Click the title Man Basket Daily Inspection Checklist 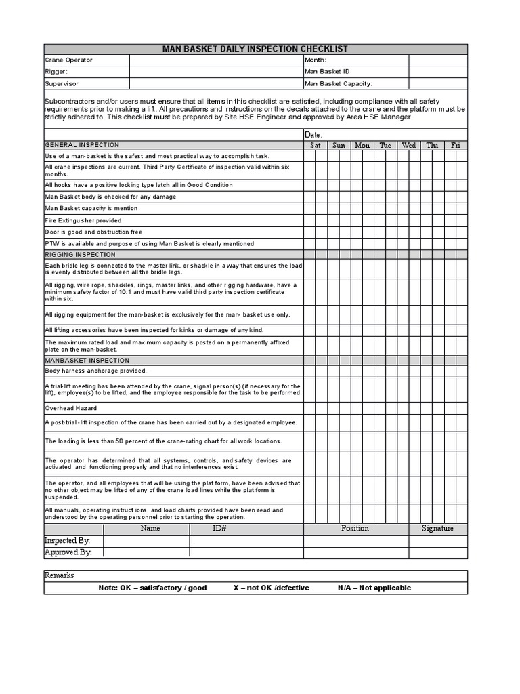click(255, 49)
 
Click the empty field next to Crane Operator click(216, 60)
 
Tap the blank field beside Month click(437, 60)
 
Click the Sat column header click(316, 145)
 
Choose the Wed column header click(408, 145)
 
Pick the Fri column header click(456, 145)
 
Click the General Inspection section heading click(82, 145)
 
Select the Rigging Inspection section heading click(80, 255)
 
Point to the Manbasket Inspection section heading click(87, 361)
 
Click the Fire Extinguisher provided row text click(83, 220)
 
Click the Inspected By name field click(146, 541)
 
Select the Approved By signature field click(437, 552)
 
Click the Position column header click(355, 529)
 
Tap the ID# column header click(219, 529)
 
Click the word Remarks click(60, 575)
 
